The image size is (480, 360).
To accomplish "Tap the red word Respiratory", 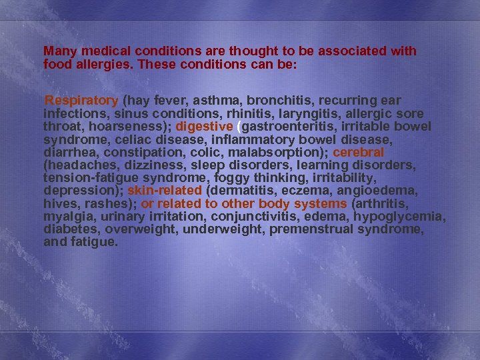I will pyautogui.click(x=81, y=101).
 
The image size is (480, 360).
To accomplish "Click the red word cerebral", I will pyautogui.click(x=359, y=151).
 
